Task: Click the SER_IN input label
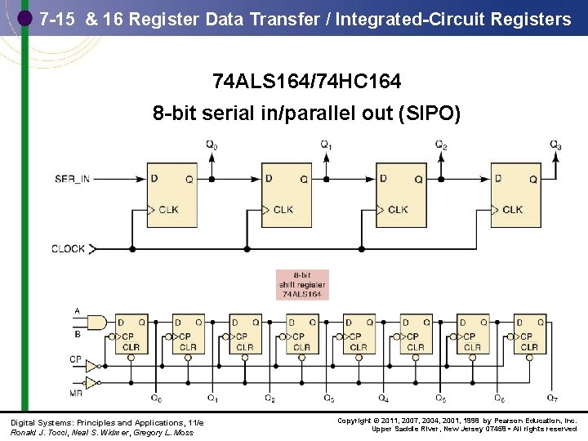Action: [72, 178]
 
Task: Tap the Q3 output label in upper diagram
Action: [555, 145]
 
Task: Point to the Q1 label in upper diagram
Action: [326, 145]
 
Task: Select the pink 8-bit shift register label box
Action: [302, 284]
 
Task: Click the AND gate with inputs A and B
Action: [96, 323]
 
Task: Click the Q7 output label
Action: [552, 399]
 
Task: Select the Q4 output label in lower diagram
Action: [382, 399]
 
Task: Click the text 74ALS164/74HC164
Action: [306, 82]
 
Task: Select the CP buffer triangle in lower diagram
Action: [92, 365]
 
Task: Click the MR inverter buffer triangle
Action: [92, 381]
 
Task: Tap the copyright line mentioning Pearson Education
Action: [457, 421]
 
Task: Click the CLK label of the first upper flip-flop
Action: [168, 210]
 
